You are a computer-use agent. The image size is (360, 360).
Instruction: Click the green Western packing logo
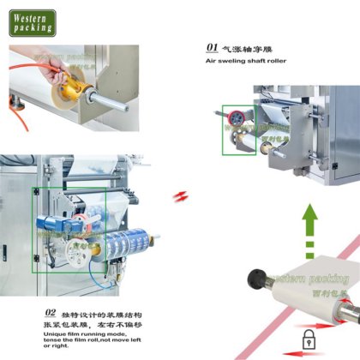[33, 22]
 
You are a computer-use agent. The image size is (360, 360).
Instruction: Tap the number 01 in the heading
[213, 49]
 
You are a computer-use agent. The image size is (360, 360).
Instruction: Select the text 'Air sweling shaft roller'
[247, 62]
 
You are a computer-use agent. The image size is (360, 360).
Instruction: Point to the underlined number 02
[51, 314]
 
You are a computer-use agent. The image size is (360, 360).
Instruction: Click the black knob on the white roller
[255, 278]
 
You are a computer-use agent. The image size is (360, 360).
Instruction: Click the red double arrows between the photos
[178, 197]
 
